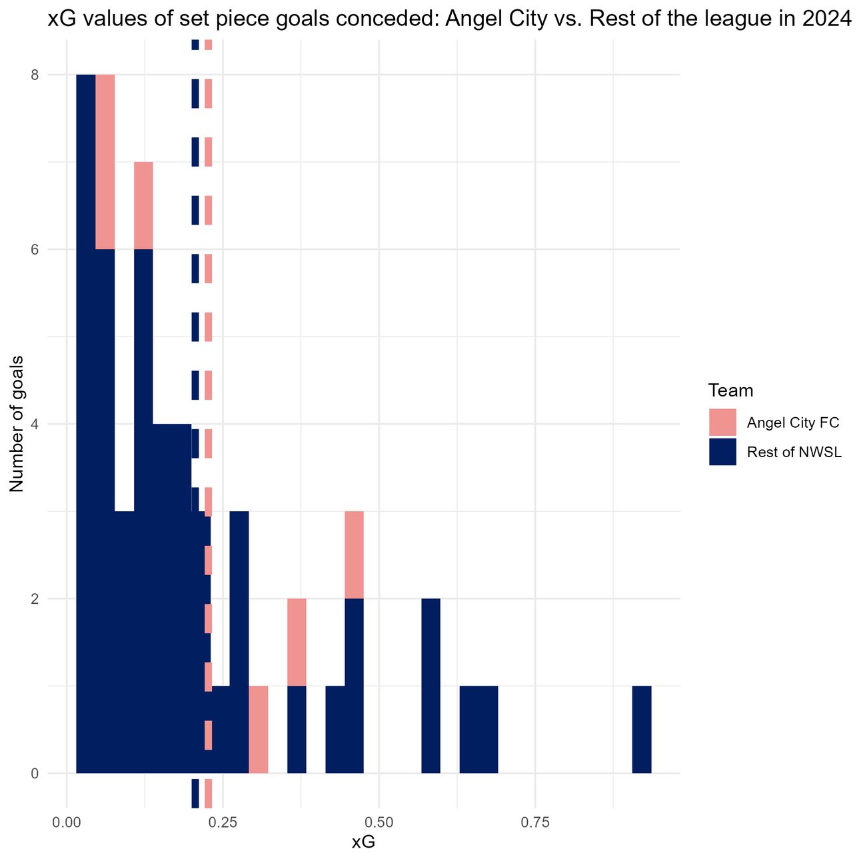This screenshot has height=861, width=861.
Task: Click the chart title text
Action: coord(448,19)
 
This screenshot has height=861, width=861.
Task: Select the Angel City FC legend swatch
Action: coord(722,422)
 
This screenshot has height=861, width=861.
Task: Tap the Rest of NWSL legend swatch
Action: coord(722,452)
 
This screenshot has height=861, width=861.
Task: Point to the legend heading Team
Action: coord(730,391)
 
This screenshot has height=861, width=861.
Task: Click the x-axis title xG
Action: coord(363,842)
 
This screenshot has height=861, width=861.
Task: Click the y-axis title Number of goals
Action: coord(17,424)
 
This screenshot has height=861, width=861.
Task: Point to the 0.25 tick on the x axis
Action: coord(223,822)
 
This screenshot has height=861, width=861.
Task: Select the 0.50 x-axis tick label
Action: coord(379,822)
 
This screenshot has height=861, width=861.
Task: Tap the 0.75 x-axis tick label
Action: coord(535,822)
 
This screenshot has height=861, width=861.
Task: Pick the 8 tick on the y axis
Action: coord(35,75)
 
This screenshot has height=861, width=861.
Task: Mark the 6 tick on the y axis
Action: coord(35,249)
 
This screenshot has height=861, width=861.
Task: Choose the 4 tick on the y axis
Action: coord(35,424)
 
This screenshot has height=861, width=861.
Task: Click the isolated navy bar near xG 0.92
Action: coord(641,729)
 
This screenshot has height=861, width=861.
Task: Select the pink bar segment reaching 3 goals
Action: coord(354,554)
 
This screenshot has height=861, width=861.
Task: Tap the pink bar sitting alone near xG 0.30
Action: coord(259,729)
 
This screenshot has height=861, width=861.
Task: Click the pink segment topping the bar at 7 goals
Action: coord(143,205)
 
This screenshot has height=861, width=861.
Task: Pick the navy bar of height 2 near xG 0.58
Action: coord(430,686)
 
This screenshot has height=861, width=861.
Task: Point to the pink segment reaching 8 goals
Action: coord(105,162)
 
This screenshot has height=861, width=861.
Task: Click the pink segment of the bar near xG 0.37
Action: coord(297,642)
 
